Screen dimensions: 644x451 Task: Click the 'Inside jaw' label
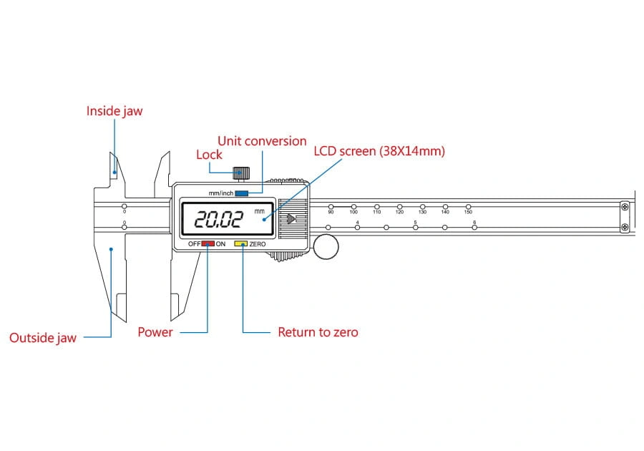pos(114,111)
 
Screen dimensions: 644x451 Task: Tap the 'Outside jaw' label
pos(43,338)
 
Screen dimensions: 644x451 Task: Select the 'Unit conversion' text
pos(262,141)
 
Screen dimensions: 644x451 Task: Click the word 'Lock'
pos(209,155)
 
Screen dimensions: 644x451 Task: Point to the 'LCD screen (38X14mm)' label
pos(379,151)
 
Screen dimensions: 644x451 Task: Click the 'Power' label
pos(155,332)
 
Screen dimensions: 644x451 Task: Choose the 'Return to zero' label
pos(318,332)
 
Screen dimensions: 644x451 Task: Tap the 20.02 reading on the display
pos(218,219)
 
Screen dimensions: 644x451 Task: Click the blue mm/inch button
pos(242,193)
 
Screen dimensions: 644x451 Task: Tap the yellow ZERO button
pos(240,243)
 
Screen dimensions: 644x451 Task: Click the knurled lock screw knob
pos(241,173)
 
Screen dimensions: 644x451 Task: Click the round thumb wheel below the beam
pos(326,247)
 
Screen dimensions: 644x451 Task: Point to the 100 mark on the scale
pos(353,212)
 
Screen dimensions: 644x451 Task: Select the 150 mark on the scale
pos(468,212)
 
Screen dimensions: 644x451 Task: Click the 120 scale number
pos(399,212)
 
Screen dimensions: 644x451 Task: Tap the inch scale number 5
pos(415,222)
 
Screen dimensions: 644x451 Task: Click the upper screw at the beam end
pos(625,207)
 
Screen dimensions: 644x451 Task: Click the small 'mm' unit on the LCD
pos(260,211)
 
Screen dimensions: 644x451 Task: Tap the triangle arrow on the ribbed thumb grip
pos(291,219)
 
